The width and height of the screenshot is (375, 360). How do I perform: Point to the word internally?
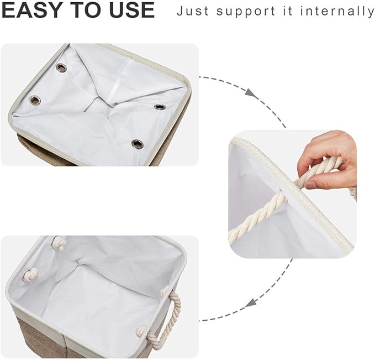point(340,11)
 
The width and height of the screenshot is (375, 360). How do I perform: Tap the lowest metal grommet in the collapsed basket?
point(137,144)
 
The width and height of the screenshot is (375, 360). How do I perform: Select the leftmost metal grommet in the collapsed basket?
point(35,101)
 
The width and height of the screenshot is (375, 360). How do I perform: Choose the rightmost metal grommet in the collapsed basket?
point(160,106)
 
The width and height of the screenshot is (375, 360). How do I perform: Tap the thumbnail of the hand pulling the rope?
point(293,194)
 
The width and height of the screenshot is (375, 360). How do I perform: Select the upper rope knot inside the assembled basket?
point(58,243)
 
